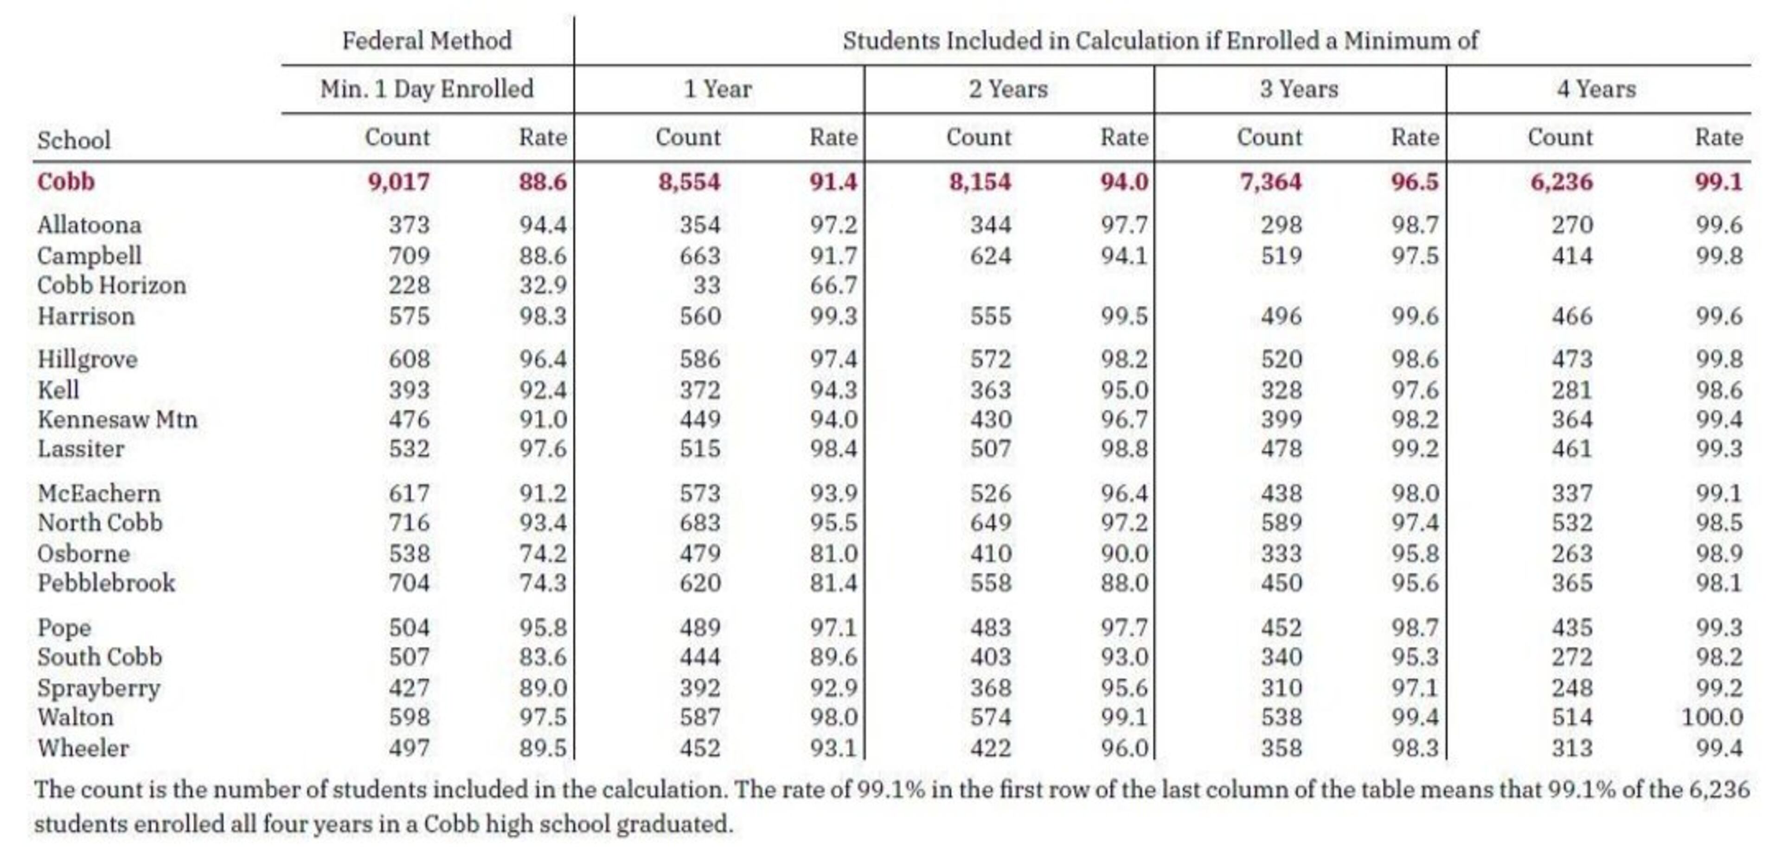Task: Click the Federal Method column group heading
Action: pos(427,41)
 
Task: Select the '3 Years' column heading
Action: pos(1299,89)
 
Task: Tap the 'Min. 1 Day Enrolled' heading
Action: pos(427,89)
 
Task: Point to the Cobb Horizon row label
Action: pos(111,285)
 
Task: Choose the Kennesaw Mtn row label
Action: pos(117,419)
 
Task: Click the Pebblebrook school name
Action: pos(106,583)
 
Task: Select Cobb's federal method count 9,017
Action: pos(398,182)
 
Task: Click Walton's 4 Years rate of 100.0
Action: pos(1712,717)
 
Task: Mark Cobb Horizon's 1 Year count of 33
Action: pos(706,285)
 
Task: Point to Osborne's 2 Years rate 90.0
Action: pos(1124,553)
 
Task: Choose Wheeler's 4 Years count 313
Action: pos(1572,748)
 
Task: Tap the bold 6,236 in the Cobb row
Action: pos(1561,182)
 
